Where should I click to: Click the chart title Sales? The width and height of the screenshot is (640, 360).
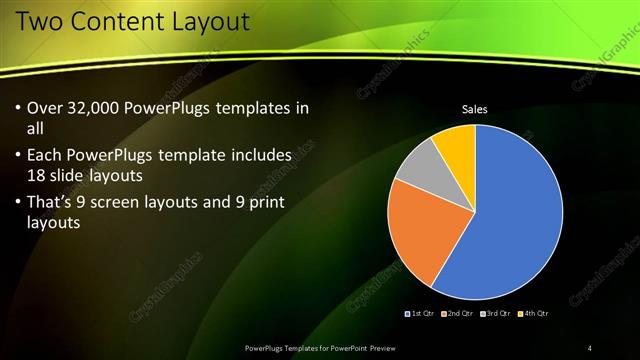pos(474,109)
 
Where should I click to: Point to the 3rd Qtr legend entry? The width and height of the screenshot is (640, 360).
pos(495,313)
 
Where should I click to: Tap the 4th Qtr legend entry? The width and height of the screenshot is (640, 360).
pos(533,313)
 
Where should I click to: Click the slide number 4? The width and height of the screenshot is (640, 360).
pos(590,347)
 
